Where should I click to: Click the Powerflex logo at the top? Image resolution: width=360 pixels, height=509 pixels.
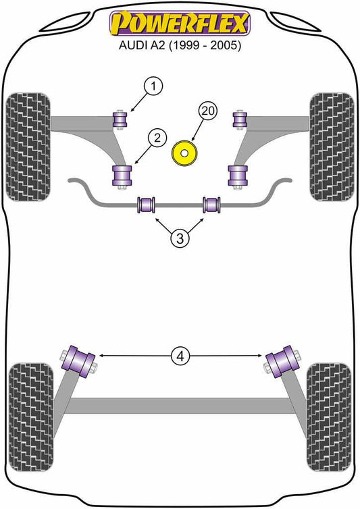point(180,23)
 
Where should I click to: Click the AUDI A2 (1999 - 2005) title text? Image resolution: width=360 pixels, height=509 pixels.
point(180,45)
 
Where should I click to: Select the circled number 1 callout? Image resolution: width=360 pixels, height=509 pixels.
point(153,86)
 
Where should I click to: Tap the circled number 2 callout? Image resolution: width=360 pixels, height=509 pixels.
point(157,138)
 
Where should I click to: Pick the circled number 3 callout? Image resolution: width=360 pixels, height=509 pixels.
point(180,238)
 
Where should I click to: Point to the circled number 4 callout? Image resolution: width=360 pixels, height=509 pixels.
point(180,356)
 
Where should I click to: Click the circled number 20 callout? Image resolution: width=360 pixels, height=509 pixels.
point(208,111)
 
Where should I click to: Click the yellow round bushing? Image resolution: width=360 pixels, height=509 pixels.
point(184,153)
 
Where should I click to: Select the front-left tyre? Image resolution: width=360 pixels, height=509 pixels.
point(28,146)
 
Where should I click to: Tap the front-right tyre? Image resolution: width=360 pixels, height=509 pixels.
point(332,146)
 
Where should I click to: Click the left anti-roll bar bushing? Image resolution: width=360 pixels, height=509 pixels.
point(146,205)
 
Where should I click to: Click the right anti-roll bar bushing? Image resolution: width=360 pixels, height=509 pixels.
point(212,205)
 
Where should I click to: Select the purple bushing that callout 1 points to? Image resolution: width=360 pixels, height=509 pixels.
point(120,119)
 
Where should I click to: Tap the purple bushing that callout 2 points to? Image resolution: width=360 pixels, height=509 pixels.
point(122,176)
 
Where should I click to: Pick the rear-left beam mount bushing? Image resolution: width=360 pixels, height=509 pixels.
point(79,362)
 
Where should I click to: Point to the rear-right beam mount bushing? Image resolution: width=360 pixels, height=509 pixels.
point(282,362)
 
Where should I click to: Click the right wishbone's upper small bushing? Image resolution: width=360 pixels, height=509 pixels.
point(240,119)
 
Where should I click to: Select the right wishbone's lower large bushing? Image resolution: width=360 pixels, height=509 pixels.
point(238,176)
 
